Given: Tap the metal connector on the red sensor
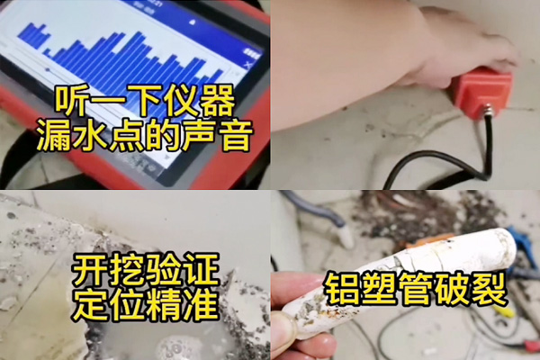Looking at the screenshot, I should (487, 111).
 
